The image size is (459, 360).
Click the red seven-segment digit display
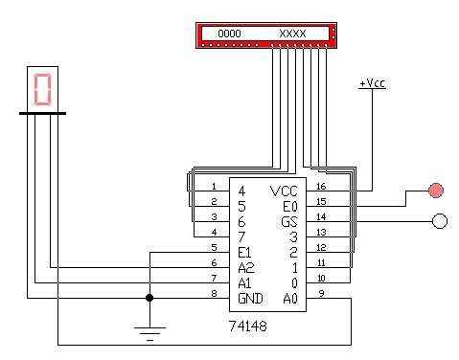pyautogui.click(x=42, y=89)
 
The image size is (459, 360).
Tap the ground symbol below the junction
pyautogui.click(x=149, y=334)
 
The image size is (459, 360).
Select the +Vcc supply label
pyautogui.click(x=373, y=83)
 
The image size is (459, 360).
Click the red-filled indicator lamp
pyautogui.click(x=436, y=191)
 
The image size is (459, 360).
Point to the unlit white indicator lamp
pyautogui.click(x=440, y=221)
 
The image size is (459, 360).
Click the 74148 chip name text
pyautogui.click(x=248, y=326)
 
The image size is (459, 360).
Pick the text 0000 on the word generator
pyautogui.click(x=229, y=34)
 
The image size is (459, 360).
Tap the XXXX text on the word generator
pyautogui.click(x=292, y=34)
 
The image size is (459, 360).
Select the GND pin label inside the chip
pyautogui.click(x=250, y=299)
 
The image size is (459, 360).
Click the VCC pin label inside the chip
pyautogui.click(x=284, y=191)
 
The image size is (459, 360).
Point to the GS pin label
pyautogui.click(x=289, y=222)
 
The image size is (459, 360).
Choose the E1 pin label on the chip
pyautogui.click(x=244, y=253)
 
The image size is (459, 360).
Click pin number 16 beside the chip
pyautogui.click(x=321, y=186)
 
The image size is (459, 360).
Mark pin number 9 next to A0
pyautogui.click(x=321, y=293)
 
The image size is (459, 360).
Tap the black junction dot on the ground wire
pyautogui.click(x=149, y=298)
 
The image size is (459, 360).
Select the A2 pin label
pyautogui.click(x=246, y=268)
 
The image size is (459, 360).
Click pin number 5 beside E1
pyautogui.click(x=214, y=247)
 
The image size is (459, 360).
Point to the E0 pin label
pyautogui.click(x=290, y=207)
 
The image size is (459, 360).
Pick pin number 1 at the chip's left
pyautogui.click(x=214, y=186)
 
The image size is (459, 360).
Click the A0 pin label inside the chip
pyautogui.click(x=290, y=299)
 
